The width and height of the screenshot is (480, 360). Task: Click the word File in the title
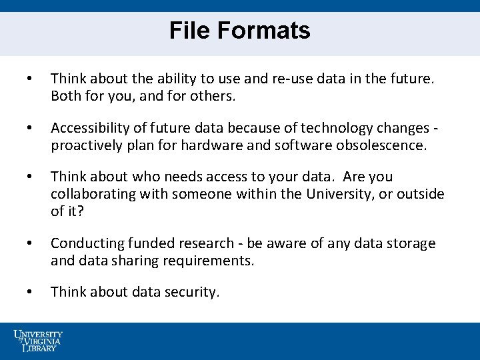coord(189,31)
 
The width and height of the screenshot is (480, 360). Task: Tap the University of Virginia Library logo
coord(38,341)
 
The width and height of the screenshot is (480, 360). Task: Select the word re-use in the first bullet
coord(291,79)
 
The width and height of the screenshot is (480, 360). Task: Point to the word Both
coord(67,96)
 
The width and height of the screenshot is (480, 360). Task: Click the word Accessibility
coord(90,128)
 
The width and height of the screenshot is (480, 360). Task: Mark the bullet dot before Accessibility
coord(28,128)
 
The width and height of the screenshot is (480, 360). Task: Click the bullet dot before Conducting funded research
coord(28,243)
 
